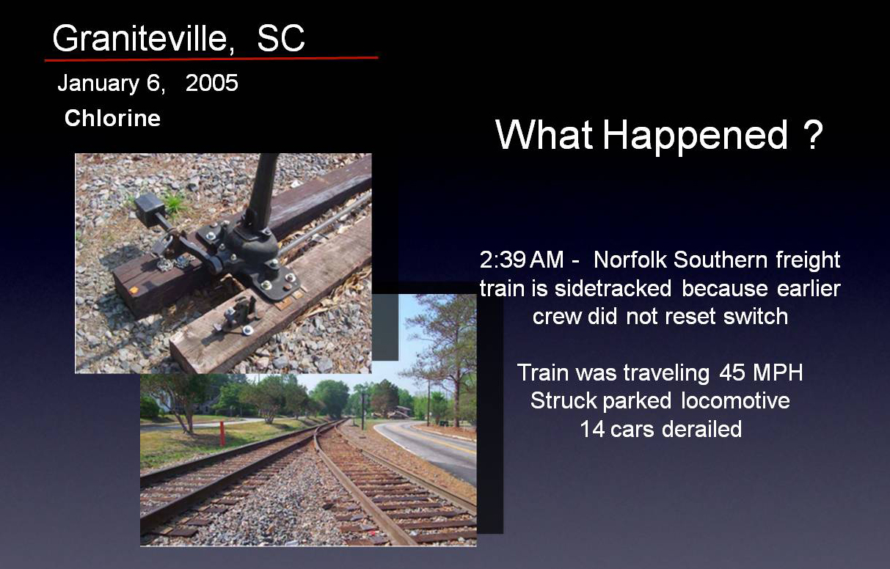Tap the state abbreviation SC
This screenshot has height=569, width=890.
coord(281,39)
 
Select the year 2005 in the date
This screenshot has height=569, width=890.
coord(212,83)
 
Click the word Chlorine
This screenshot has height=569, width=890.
coord(112,118)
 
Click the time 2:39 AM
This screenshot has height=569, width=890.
coord(521,260)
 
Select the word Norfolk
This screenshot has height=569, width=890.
coord(630,260)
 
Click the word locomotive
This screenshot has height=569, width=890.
coord(735,400)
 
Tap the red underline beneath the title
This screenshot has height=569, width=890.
coord(211,59)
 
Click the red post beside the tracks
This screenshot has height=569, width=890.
coord(222,433)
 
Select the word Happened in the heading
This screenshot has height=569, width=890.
coord(696,135)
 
